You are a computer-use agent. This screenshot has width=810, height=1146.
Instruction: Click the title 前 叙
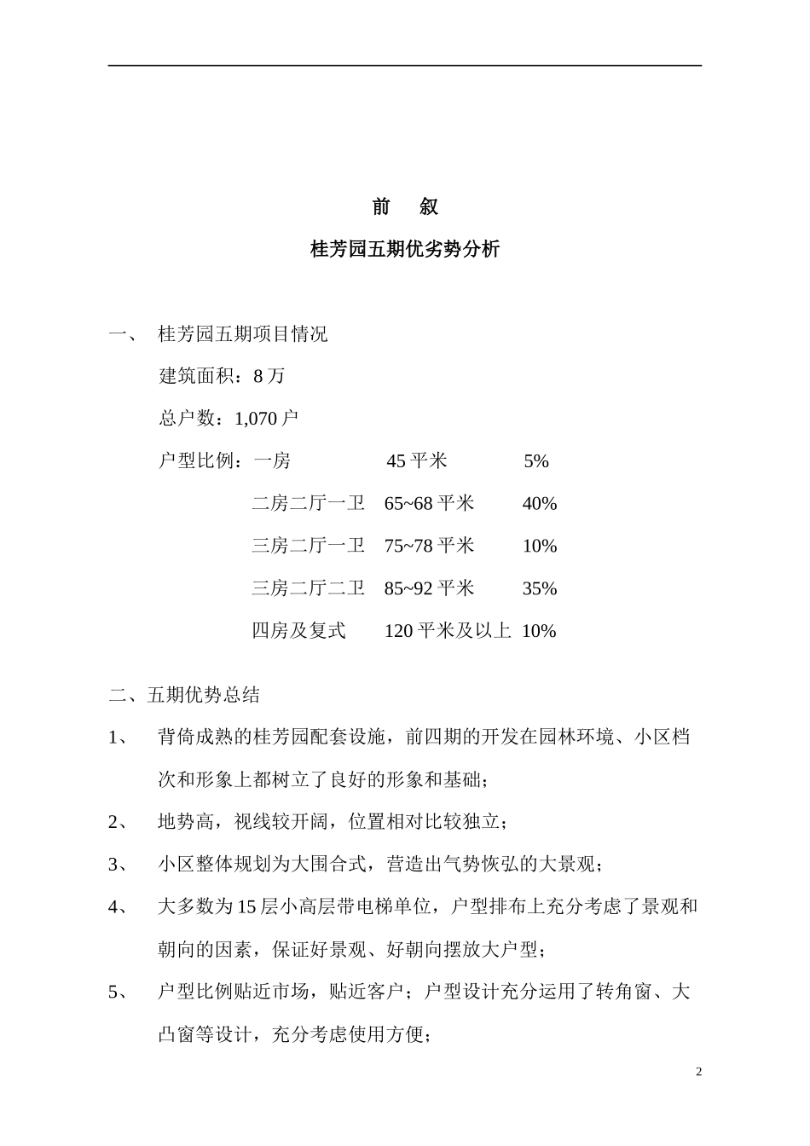(405, 207)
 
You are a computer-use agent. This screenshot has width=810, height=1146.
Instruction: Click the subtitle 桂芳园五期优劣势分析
(405, 250)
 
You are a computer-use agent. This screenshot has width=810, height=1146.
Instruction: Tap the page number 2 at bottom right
(698, 1072)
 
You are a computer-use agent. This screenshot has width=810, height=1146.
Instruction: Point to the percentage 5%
(536, 461)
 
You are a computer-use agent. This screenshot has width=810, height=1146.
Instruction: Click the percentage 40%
(539, 504)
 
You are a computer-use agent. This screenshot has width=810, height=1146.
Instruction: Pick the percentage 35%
(539, 588)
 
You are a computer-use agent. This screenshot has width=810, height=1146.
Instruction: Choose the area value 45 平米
(417, 461)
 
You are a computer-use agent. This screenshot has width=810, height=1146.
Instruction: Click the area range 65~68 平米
(429, 504)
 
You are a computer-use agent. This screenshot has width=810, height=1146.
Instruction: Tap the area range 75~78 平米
(429, 546)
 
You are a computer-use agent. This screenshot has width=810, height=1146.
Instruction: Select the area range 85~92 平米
(429, 588)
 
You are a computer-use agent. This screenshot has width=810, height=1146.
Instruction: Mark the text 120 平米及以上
(448, 631)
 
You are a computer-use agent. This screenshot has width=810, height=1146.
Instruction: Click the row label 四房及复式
(299, 631)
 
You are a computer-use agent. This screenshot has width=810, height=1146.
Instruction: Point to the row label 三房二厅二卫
(309, 588)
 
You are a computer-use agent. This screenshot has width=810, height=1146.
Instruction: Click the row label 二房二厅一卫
(309, 504)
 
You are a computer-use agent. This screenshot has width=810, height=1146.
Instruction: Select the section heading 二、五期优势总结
(184, 695)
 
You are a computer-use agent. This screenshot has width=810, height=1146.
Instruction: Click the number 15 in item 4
(246, 907)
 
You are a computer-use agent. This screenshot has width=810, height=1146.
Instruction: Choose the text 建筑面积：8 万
(223, 376)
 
